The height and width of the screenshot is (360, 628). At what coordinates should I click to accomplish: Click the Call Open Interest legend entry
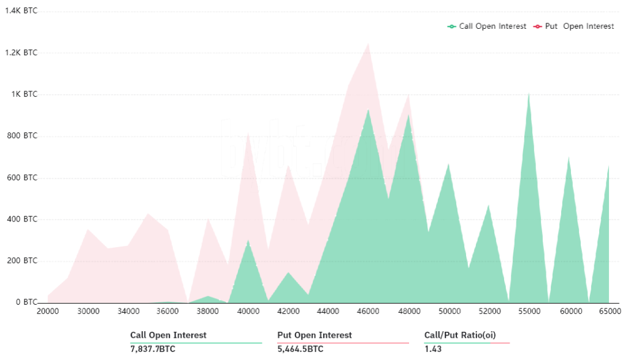(487, 26)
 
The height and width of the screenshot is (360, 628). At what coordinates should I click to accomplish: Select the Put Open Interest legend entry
(574, 26)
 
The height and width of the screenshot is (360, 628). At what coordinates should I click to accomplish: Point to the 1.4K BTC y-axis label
(21, 11)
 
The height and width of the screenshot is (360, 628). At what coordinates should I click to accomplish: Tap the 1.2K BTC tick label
(21, 53)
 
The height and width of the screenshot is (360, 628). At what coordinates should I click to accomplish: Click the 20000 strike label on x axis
(48, 312)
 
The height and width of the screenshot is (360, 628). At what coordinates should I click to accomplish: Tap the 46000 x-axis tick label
(368, 312)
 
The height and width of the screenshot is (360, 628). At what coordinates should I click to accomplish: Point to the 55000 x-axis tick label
(529, 312)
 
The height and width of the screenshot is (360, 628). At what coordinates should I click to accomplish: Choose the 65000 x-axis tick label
(608, 312)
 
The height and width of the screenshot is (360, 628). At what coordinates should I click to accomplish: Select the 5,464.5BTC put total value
(301, 349)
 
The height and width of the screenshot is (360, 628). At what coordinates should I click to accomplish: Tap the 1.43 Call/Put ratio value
(432, 349)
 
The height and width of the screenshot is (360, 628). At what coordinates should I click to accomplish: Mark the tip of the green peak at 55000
(529, 94)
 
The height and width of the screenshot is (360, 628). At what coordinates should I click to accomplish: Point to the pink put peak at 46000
(368, 44)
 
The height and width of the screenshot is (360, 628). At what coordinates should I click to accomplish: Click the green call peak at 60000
(569, 158)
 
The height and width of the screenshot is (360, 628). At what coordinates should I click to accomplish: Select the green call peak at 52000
(488, 205)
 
